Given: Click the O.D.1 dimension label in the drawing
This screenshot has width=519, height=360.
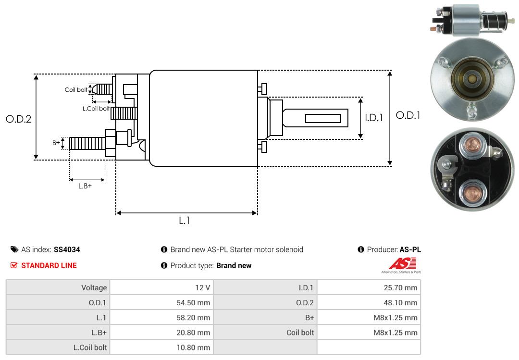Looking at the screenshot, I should click(408, 115).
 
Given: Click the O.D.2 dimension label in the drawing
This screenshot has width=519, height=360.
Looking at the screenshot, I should click(18, 119).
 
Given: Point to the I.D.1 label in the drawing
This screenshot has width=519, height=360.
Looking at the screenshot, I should click(373, 117).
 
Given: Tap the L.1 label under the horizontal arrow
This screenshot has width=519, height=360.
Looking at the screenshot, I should click(185, 221).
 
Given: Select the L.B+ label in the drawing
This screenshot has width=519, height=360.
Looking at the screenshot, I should click(85, 186).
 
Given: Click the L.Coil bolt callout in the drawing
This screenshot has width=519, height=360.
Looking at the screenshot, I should click(96, 109).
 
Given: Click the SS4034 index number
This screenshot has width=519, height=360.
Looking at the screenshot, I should click(67, 250).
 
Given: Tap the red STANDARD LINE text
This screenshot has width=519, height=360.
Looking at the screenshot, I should click(49, 265).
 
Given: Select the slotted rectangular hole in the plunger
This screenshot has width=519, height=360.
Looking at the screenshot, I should click(323, 118).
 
